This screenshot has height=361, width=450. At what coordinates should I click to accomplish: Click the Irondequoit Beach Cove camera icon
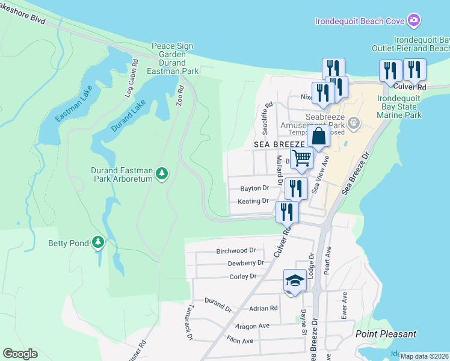(x=414, y=21)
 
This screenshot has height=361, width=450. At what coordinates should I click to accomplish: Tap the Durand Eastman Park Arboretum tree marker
(x=161, y=174)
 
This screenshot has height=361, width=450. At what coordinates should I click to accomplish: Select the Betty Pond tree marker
(x=98, y=243)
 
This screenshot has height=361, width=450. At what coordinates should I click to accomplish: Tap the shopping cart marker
(x=303, y=158)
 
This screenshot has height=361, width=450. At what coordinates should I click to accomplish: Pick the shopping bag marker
(x=319, y=137)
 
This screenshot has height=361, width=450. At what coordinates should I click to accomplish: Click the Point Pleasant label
(x=386, y=334)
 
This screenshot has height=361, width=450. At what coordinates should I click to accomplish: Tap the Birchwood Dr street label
(x=236, y=250)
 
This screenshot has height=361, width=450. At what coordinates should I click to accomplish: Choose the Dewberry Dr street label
(x=245, y=263)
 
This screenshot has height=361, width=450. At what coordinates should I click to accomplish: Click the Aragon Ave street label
(x=251, y=326)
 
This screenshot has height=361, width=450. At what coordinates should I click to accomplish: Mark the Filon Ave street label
(x=239, y=341)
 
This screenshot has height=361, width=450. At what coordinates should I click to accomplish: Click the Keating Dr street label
(x=253, y=201)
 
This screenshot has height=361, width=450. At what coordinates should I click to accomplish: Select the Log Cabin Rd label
(x=132, y=79)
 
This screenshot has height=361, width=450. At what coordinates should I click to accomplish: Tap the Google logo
(x=20, y=354)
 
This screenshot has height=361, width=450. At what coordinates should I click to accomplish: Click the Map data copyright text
(x=424, y=356)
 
